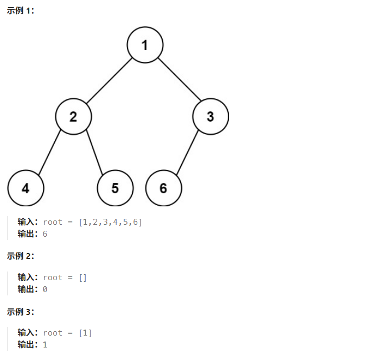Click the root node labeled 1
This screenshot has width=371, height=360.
[145, 45]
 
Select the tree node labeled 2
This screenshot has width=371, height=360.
[73, 116]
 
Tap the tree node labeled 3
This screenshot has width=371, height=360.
[210, 116]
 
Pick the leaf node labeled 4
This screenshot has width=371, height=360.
[25, 188]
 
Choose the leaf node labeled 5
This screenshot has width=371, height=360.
[115, 188]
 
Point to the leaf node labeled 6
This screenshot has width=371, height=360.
[164, 188]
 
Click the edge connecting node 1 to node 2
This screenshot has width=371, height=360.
[109, 80]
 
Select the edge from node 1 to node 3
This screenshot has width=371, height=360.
[178, 79]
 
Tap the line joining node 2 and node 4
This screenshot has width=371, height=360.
[49, 152]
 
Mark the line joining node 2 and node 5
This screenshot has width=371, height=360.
[94, 152]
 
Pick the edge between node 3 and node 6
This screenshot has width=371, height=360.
[187, 152]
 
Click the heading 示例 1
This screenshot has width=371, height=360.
[20, 11]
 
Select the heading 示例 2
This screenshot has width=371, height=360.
[20, 255]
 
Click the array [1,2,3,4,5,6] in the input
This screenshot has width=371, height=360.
[111, 222]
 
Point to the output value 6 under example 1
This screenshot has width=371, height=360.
[45, 233]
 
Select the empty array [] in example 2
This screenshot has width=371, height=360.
[82, 277]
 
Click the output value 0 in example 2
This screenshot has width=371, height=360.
[45, 289]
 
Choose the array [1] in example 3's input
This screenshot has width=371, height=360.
[85, 333]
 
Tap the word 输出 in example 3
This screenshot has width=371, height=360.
[27, 344]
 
